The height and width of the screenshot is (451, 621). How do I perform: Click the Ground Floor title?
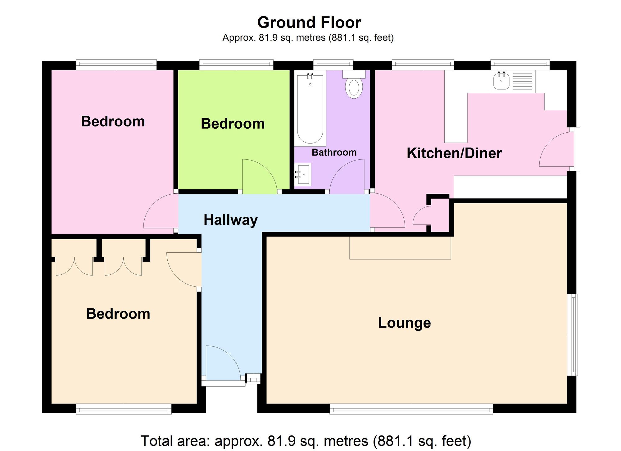click(x=309, y=23)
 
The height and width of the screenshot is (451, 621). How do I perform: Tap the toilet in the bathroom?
click(x=354, y=84)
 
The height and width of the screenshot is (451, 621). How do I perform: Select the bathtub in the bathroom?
click(x=310, y=108)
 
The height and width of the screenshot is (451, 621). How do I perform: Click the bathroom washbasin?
click(x=303, y=174)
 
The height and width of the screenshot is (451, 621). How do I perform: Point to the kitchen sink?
click(x=501, y=81)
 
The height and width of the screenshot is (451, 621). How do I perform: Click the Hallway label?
click(x=231, y=220)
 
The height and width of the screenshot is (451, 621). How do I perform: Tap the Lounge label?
click(x=404, y=323)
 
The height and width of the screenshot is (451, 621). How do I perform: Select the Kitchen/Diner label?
click(x=454, y=153)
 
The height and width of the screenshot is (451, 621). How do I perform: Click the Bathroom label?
click(x=334, y=152)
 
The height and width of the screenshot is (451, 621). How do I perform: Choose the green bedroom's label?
click(x=233, y=124)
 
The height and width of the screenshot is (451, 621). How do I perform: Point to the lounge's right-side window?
click(x=573, y=335)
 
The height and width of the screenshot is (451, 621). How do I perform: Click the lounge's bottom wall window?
click(x=411, y=409)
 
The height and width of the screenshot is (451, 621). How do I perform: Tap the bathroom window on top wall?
click(x=333, y=65)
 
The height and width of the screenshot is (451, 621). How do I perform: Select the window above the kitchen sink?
click(x=520, y=65)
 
